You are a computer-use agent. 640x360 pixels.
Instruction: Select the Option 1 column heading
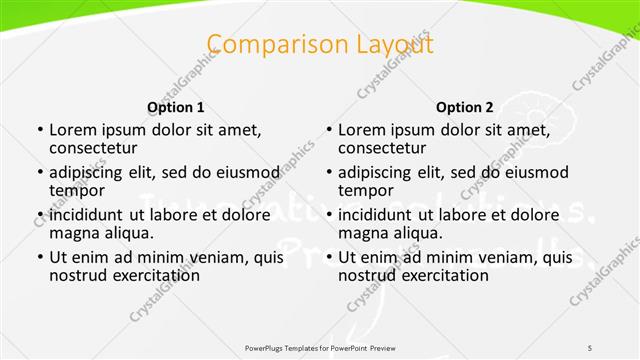[x=176, y=107]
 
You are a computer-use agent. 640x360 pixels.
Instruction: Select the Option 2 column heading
[x=465, y=107]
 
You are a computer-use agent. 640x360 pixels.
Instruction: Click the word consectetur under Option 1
[x=96, y=148]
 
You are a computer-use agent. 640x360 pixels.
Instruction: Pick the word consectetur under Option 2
[x=385, y=148]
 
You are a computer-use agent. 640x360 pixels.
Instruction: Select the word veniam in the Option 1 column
[x=211, y=257]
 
